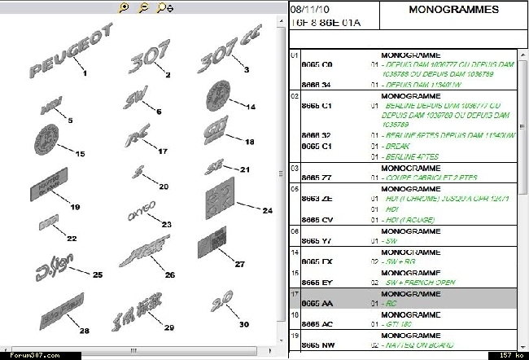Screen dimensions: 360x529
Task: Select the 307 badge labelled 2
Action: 150,58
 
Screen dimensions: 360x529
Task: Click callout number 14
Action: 251,107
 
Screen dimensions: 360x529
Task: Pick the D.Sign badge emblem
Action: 53,266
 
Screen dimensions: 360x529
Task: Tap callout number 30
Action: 243,324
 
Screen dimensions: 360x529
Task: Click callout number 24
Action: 266,210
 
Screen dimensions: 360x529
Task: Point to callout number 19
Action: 75,208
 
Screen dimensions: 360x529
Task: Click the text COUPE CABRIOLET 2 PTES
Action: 431,176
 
